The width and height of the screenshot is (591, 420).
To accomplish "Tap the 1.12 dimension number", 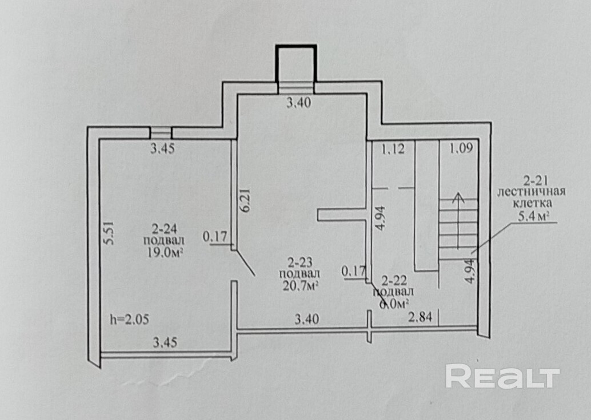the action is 393,150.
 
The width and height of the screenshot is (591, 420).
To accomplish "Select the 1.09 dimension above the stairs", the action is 461,150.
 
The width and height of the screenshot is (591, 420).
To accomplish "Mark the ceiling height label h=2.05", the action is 129,320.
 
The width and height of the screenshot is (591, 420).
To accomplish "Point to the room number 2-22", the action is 393,280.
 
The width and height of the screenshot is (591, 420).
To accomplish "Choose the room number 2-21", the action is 536,181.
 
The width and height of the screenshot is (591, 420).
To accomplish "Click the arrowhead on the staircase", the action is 457,198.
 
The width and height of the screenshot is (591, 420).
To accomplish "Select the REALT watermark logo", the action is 502,377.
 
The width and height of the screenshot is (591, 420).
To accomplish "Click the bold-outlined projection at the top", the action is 296,63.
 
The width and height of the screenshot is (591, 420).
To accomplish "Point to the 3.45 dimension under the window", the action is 162,150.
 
